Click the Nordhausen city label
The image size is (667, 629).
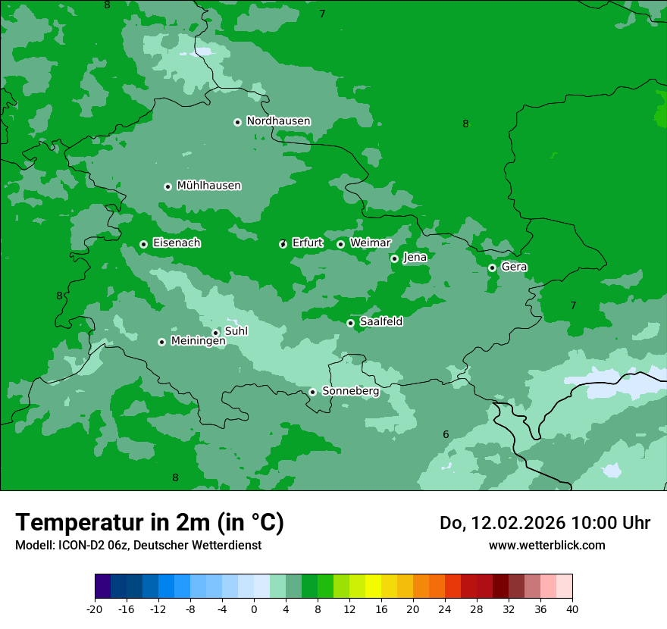(278, 121)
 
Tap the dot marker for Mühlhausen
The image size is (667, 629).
(168, 186)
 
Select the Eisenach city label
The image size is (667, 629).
(177, 243)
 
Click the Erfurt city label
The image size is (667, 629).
(307, 243)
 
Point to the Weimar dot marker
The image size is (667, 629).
(340, 244)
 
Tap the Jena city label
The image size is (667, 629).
(415, 258)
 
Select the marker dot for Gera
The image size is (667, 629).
(492, 268)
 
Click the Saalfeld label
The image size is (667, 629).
(380, 322)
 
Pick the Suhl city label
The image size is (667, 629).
(236, 331)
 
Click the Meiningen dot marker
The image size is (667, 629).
(161, 342)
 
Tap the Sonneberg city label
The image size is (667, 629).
(350, 391)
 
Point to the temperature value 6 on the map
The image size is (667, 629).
(446, 434)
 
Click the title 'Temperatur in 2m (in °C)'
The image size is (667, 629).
(149, 522)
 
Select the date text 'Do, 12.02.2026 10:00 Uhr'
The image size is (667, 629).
(545, 523)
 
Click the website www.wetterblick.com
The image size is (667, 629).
(546, 545)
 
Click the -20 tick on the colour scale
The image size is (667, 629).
(95, 609)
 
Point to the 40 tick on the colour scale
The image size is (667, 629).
(571, 609)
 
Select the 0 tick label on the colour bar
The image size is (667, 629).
(254, 609)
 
